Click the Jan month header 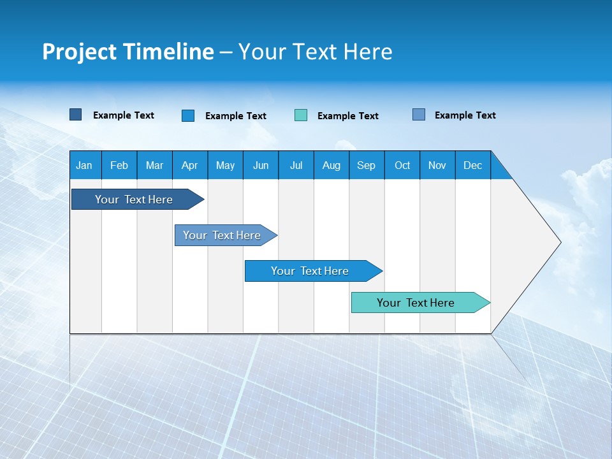84,165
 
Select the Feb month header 119,165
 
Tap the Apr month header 189,165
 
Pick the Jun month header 261,165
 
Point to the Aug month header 331,165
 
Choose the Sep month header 366,165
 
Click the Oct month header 402,165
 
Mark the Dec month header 472,165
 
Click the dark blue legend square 75,115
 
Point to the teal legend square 301,115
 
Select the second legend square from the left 188,115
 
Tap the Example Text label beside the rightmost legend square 465,115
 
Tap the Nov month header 437,165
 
